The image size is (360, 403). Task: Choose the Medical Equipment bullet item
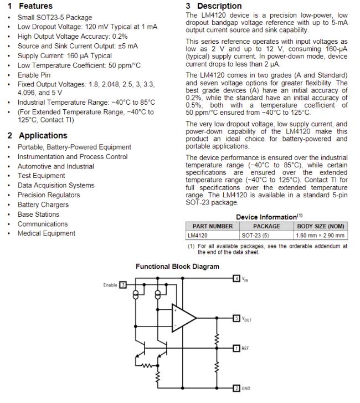point(46,233)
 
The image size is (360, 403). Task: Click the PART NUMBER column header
point(212,226)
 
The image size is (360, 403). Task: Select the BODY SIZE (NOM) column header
point(321,226)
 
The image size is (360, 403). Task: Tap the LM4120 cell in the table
point(198,235)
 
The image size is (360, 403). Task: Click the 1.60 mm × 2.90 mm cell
point(321,235)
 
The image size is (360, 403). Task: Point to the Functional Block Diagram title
point(177,267)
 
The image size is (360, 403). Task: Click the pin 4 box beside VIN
point(236,278)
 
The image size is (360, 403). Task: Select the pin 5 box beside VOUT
point(236,319)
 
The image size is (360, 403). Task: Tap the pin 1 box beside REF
point(236,348)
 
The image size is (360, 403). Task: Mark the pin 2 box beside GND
point(236,389)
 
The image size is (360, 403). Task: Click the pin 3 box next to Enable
point(123,285)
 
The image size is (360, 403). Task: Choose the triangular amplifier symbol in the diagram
point(183,318)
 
